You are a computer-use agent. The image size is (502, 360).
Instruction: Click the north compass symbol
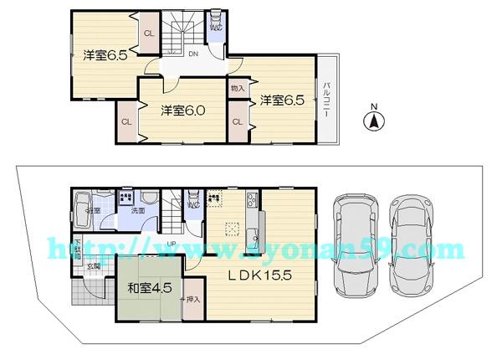click(373, 121)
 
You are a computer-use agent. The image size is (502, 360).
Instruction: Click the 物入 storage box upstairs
click(238, 88)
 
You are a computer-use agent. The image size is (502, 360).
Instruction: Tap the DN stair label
click(192, 55)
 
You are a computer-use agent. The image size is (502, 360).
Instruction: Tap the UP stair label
click(171, 244)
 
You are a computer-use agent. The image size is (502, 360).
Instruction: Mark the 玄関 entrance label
click(96, 266)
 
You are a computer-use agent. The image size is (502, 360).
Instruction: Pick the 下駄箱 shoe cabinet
click(76, 248)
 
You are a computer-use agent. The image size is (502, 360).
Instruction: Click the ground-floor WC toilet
click(192, 203)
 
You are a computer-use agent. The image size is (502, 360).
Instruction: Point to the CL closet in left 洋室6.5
click(148, 33)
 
